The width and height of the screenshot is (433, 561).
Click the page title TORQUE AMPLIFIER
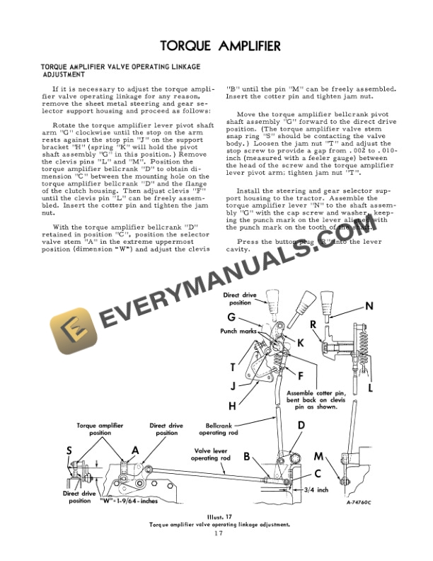(219, 47)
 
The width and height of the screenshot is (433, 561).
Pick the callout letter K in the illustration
(299, 342)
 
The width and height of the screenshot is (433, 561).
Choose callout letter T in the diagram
(232, 367)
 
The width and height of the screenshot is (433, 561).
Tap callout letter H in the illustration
(232, 407)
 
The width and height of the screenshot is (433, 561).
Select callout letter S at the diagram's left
(69, 450)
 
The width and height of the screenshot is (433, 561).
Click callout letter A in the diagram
(134, 450)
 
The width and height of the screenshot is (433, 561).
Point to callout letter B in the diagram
(247, 457)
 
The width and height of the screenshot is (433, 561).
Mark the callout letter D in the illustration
(301, 425)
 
